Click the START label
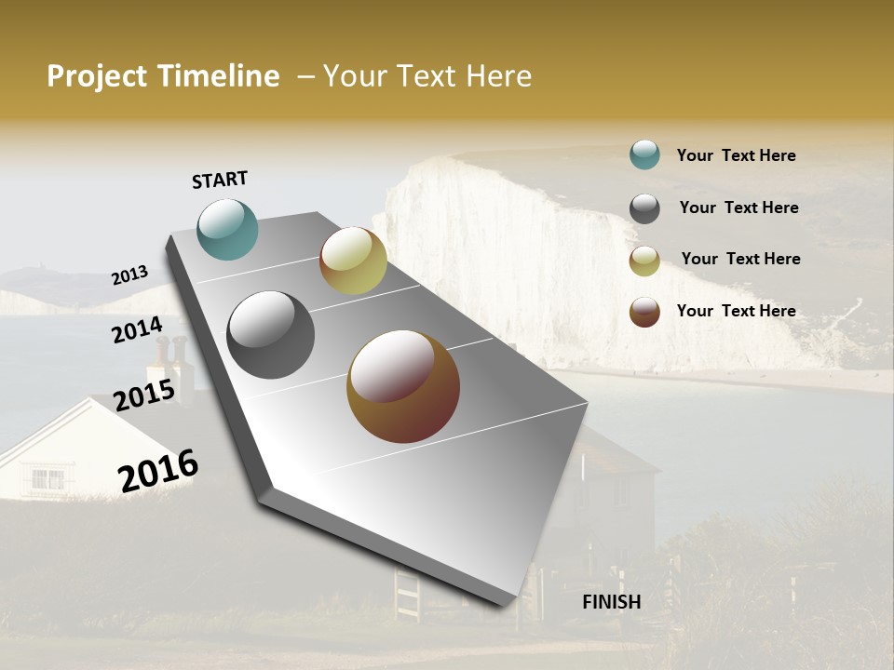220,180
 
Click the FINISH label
611,602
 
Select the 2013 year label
129,275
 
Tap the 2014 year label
137,330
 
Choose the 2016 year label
158,471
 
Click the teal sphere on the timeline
227,229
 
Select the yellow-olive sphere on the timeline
353,261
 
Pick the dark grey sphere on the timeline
270,335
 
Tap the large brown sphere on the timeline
403,386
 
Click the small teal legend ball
644,154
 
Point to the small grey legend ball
644,208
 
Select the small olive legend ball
644,261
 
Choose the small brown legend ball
644,312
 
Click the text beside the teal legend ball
736,155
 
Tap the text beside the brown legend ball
736,311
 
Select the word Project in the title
97,76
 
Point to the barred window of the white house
47,478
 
